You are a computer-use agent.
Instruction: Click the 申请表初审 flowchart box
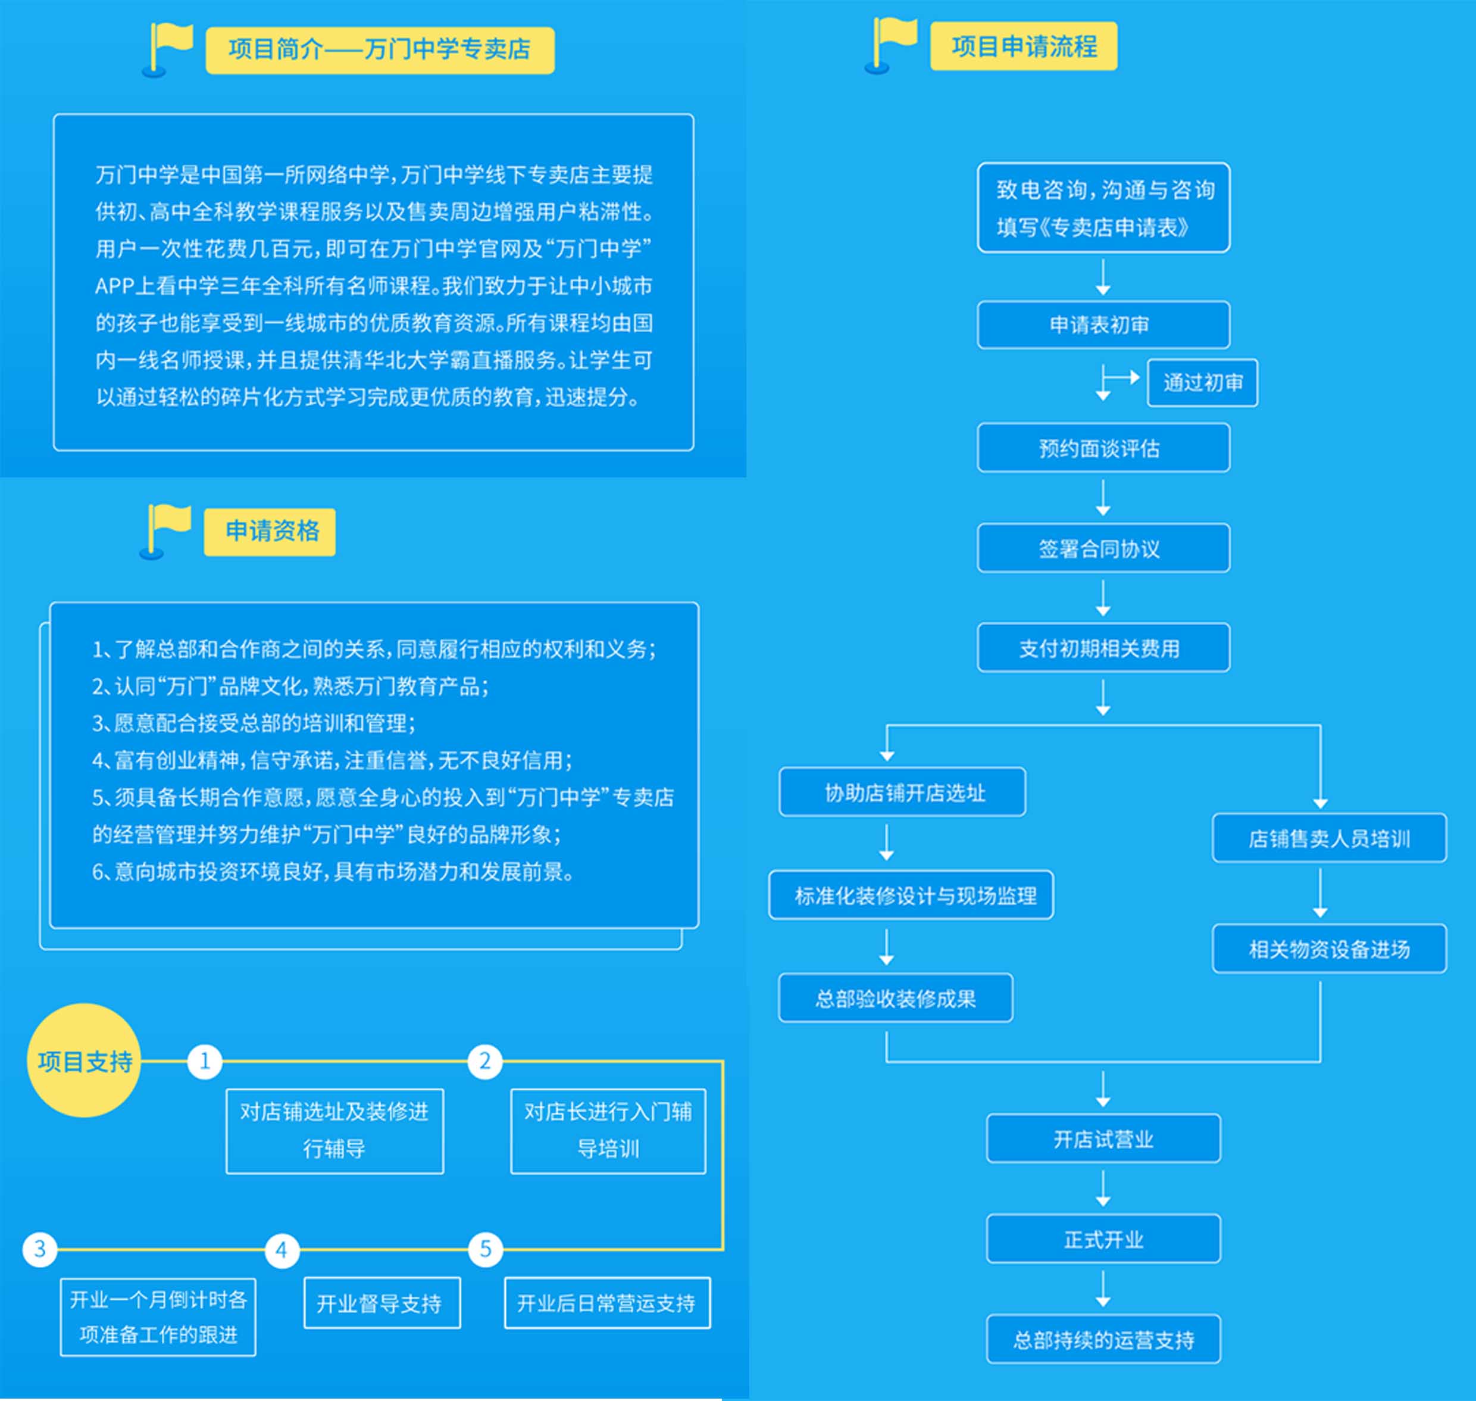(x=1103, y=325)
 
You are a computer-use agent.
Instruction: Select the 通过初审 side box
(x=1202, y=382)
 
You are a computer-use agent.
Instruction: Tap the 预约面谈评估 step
(x=1103, y=448)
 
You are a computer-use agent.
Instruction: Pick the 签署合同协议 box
(x=1103, y=548)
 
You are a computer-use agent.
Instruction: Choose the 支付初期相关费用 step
(x=1103, y=647)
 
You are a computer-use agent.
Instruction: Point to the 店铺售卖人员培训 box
(x=1329, y=838)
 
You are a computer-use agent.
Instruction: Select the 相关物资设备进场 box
(x=1329, y=948)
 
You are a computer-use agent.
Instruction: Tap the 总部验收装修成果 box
(x=896, y=998)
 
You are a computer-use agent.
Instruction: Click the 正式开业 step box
(x=1103, y=1239)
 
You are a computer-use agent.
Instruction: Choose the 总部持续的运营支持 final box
(x=1103, y=1339)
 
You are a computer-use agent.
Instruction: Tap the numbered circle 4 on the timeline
(x=282, y=1249)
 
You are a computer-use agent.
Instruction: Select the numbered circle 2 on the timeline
(x=484, y=1060)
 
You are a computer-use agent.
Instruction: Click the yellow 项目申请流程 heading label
(x=1024, y=46)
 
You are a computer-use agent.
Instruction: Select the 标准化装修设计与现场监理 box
(x=911, y=895)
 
